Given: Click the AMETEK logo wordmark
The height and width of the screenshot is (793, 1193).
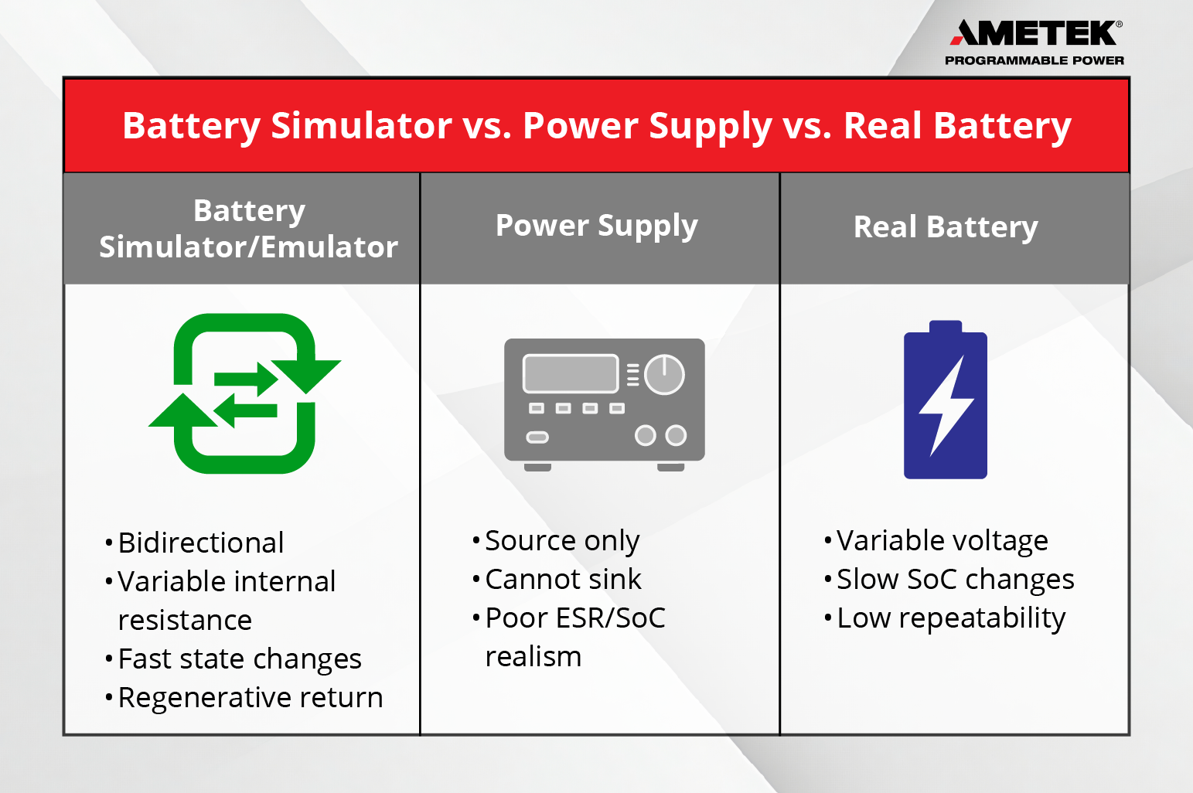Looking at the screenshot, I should pyautogui.click(x=1034, y=33).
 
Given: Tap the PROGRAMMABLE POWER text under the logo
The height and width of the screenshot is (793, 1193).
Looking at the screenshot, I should pyautogui.click(x=1034, y=60).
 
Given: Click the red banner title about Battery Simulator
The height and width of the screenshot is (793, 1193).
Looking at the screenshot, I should pyautogui.click(x=596, y=125).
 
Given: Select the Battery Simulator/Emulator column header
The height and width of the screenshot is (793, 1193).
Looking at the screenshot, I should pyautogui.click(x=248, y=228).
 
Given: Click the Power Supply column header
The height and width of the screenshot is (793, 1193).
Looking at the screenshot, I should pyautogui.click(x=596, y=226).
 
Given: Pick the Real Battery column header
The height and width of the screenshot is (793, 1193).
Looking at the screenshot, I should pyautogui.click(x=945, y=227).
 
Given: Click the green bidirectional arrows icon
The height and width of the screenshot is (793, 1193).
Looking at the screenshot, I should pyautogui.click(x=244, y=393).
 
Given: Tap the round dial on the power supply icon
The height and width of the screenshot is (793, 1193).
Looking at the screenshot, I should pyautogui.click(x=664, y=375).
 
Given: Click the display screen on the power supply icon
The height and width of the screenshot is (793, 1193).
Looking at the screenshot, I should pyautogui.click(x=571, y=374).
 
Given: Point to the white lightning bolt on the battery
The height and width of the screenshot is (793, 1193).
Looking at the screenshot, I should pyautogui.click(x=946, y=405).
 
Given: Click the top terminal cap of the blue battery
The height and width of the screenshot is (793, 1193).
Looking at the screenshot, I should pyautogui.click(x=945, y=327).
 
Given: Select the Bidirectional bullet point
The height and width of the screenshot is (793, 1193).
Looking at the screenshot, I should pyautogui.click(x=200, y=543).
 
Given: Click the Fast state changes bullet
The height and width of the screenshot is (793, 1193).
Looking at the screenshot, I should pyautogui.click(x=239, y=659).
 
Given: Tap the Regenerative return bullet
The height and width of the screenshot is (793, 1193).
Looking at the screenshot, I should pyautogui.click(x=250, y=697).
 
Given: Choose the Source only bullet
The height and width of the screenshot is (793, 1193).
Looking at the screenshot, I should pyautogui.click(x=561, y=540).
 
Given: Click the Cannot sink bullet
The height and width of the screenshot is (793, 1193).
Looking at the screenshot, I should pyautogui.click(x=562, y=579).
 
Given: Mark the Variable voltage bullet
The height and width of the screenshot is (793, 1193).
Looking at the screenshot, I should pyautogui.click(x=942, y=540).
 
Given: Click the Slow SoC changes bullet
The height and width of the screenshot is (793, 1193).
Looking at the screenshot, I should pyautogui.click(x=955, y=579).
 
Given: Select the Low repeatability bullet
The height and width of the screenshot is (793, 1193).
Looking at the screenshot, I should pyautogui.click(x=950, y=618).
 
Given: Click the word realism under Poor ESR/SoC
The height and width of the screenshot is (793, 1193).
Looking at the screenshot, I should pyautogui.click(x=533, y=656).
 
